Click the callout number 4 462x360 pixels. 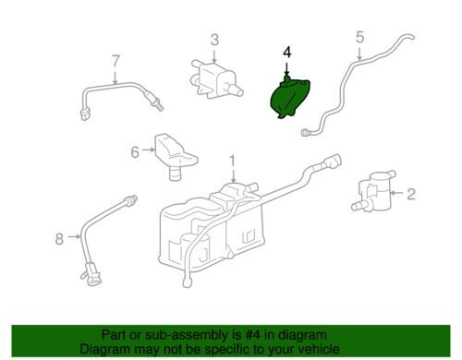point(287,53)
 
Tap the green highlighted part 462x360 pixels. point(289,97)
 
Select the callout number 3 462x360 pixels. point(214,40)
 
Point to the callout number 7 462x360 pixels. point(115,61)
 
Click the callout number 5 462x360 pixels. point(359,37)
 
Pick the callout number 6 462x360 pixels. point(135,152)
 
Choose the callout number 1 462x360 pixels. point(233,162)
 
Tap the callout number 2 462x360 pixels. point(411,194)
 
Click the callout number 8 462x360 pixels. point(59,238)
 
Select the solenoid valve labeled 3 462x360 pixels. point(215,79)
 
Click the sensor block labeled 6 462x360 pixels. point(175,156)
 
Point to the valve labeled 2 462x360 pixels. point(373,192)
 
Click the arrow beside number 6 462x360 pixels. point(148,150)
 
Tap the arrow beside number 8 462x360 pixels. point(74,236)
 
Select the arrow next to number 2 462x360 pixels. point(397,193)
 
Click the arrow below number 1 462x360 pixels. point(233,175)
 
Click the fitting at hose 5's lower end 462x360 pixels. point(305,133)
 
